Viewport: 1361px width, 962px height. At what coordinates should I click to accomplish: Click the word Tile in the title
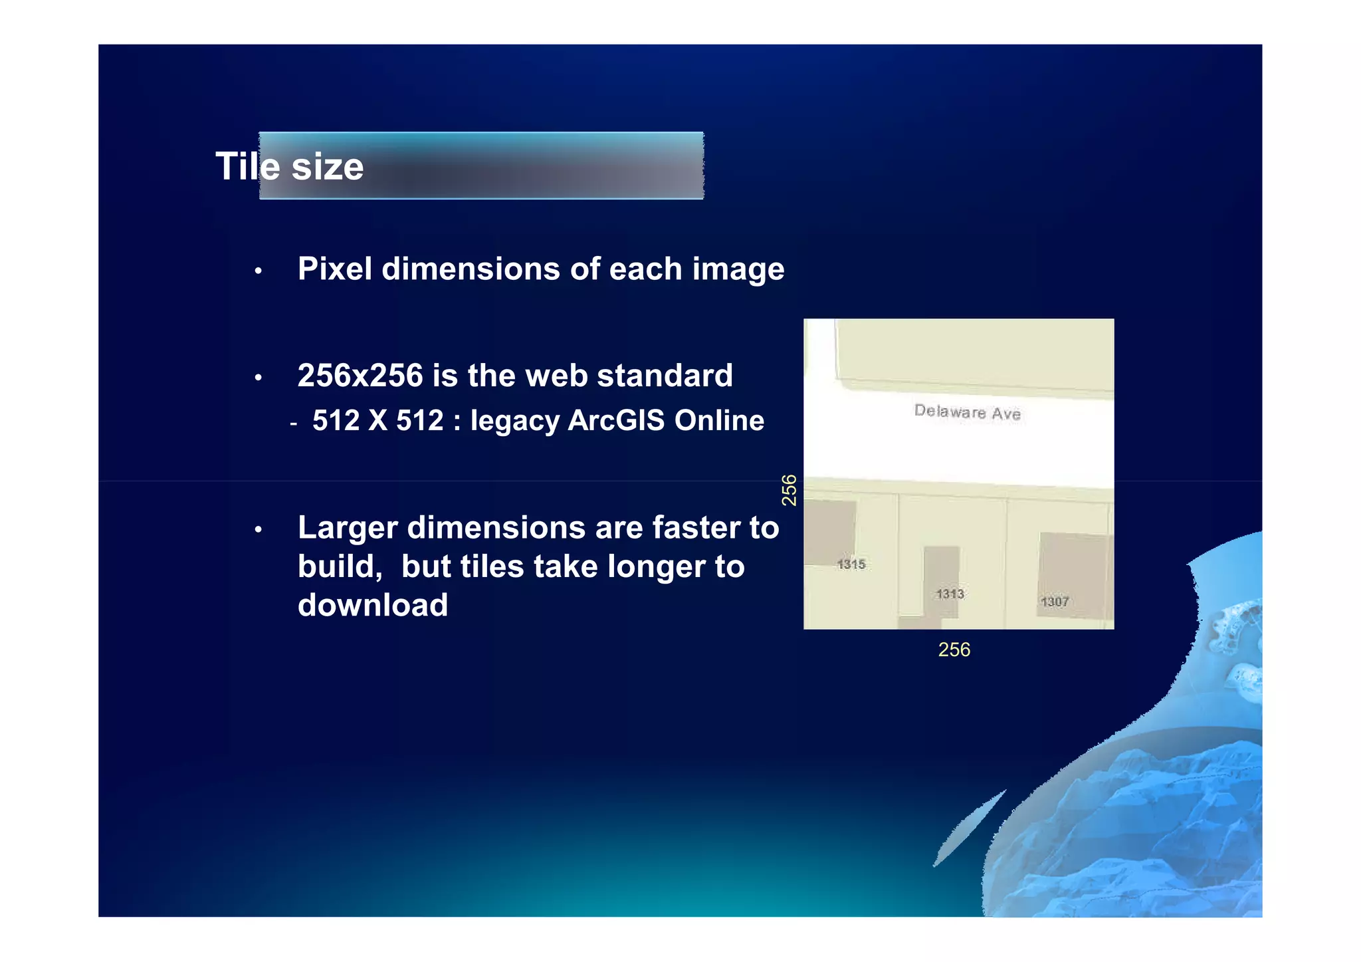click(247, 166)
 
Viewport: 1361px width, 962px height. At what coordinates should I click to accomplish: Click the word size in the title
click(328, 166)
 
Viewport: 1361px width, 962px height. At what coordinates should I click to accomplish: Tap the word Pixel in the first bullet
click(335, 269)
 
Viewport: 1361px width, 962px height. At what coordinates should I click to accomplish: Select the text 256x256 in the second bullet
click(360, 376)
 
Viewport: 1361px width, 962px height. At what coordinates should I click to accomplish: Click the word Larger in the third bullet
click(347, 529)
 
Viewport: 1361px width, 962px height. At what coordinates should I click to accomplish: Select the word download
click(373, 605)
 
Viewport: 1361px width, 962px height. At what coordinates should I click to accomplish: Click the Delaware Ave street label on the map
click(967, 412)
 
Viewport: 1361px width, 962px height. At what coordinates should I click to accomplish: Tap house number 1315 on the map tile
click(851, 564)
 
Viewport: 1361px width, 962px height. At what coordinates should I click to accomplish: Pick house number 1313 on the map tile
click(950, 594)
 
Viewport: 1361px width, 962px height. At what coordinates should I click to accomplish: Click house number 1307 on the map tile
click(1055, 602)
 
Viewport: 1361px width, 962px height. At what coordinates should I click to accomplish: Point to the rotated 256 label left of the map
click(789, 490)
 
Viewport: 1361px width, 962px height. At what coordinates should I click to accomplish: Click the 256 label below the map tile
click(954, 650)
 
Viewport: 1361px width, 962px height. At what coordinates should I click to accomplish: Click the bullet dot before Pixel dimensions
click(259, 271)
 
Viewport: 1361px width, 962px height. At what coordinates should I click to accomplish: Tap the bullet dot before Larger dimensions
click(259, 530)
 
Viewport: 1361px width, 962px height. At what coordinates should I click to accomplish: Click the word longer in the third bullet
click(656, 566)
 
